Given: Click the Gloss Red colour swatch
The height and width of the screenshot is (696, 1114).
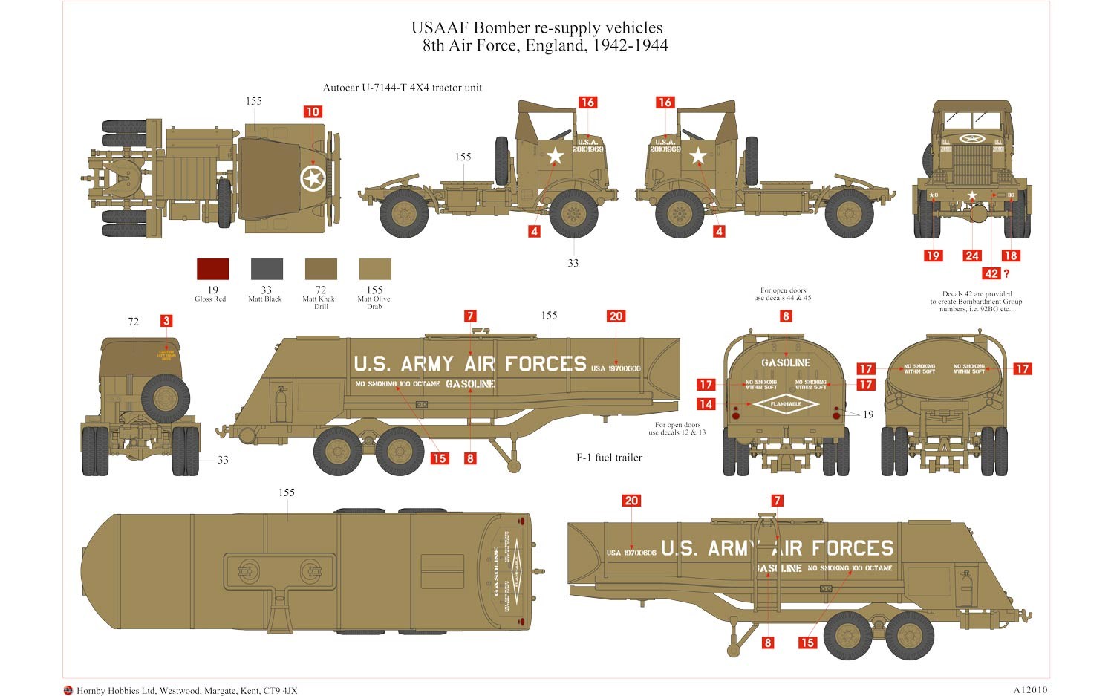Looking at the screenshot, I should click(212, 269).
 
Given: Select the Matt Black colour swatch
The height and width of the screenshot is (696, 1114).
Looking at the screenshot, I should click(267, 269).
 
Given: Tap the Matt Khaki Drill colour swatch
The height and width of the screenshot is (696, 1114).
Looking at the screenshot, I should click(321, 269).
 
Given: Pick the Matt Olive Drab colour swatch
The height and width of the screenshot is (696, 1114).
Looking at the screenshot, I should click(375, 269).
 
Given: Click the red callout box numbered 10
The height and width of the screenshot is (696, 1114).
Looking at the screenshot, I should click(313, 112).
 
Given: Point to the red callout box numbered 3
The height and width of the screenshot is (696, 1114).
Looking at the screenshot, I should click(166, 321).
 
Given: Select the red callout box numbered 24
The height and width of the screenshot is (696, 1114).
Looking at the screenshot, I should click(972, 256).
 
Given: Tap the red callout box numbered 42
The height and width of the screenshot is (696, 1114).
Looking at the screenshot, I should click(991, 273).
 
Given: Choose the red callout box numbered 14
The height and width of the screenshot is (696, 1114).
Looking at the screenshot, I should click(706, 404).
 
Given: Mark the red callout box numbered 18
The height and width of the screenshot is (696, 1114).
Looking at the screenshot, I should click(1010, 256).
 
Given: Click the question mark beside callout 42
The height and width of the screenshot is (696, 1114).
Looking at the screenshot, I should click(1006, 273).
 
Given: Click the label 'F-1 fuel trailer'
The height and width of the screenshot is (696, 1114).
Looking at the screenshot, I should click(609, 458).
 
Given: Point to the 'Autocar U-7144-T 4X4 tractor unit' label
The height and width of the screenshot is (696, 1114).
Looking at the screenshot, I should click(402, 88).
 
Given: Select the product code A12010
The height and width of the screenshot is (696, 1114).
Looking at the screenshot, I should click(1029, 690).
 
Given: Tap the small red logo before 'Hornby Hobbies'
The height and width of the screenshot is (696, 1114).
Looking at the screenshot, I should click(69, 690).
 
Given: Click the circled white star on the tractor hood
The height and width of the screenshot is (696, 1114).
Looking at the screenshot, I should click(312, 178).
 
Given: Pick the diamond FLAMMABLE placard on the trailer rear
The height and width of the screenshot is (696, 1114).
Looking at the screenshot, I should click(786, 404).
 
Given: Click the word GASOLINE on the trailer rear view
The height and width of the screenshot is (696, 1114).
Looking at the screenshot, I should click(786, 362).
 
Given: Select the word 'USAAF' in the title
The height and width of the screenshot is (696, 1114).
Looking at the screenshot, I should click(440, 28).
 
